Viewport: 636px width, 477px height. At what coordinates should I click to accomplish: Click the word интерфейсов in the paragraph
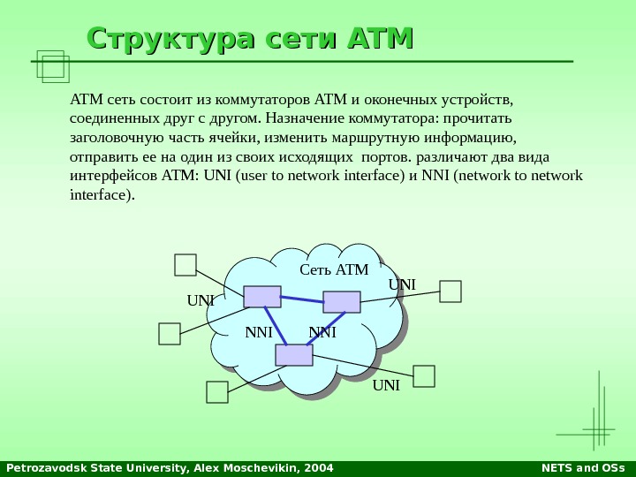point(113,175)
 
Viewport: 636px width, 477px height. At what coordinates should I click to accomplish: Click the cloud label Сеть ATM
point(334,269)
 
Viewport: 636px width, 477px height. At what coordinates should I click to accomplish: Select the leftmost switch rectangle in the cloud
point(262,297)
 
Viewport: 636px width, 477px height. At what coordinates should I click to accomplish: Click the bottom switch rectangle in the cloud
point(294,354)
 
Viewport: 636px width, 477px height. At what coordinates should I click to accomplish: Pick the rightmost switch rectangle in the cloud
point(342,302)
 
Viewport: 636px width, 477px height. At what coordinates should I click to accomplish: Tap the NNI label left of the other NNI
point(259,333)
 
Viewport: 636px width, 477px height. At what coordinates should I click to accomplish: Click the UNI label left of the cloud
point(201,300)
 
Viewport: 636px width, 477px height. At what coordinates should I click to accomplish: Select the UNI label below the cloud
point(386,386)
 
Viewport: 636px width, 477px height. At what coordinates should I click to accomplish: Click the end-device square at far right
point(450,291)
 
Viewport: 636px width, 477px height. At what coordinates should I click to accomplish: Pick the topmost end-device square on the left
point(185,265)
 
